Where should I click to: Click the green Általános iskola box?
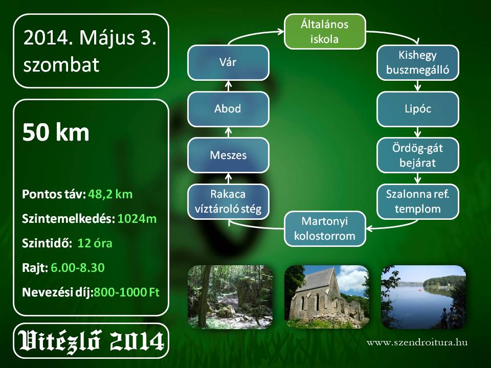click(x=325, y=31)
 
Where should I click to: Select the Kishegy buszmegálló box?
click(x=418, y=62)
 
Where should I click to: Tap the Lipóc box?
click(x=418, y=109)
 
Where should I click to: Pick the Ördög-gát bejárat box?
click(x=418, y=155)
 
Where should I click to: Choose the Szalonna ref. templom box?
click(x=418, y=201)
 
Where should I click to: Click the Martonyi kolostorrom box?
click(x=325, y=229)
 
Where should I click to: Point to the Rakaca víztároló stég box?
click(x=228, y=201)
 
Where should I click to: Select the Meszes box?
click(x=228, y=155)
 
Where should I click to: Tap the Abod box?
click(x=228, y=109)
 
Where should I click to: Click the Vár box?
click(x=228, y=62)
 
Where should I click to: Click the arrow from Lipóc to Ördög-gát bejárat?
click(x=417, y=132)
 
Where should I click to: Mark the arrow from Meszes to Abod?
click(x=228, y=132)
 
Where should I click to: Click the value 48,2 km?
click(x=110, y=194)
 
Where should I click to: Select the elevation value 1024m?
click(x=137, y=219)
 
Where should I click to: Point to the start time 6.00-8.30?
click(x=77, y=267)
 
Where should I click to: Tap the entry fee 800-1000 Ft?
click(x=126, y=292)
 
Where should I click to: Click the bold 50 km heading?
click(x=56, y=133)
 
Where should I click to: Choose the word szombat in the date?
click(x=61, y=65)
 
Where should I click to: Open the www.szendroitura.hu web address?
click(x=417, y=342)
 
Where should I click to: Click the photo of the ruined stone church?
click(x=327, y=297)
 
